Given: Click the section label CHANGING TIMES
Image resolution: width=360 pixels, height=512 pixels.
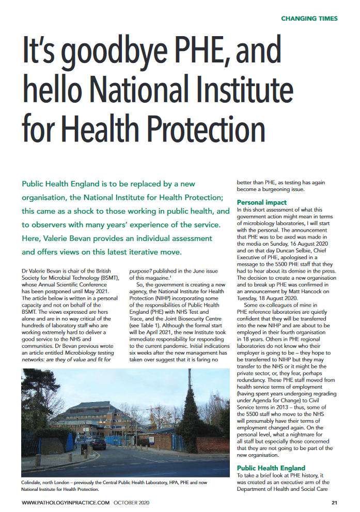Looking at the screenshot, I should (309, 19).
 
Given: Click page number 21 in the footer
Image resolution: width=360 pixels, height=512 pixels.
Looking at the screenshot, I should (334, 502).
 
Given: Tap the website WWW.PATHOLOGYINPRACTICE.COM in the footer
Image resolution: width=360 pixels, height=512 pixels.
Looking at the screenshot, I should (66, 502).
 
